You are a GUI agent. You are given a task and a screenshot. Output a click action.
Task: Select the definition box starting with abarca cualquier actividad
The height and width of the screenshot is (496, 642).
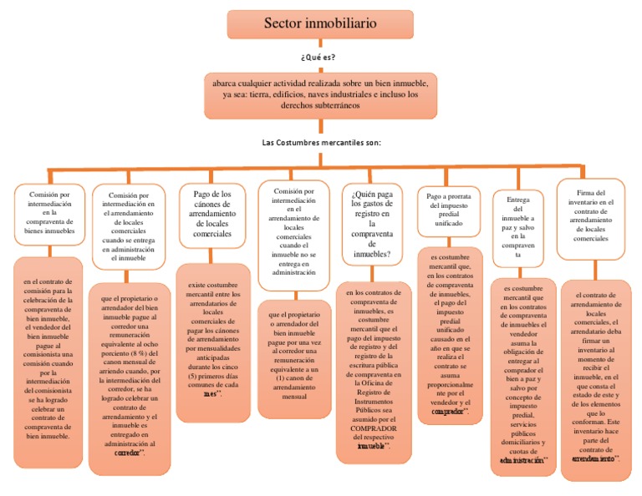tap(320, 94)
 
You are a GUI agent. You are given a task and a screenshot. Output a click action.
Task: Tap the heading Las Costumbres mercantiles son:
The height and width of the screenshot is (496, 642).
tap(322, 143)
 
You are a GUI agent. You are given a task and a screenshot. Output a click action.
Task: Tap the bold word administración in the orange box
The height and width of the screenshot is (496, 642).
tap(522, 460)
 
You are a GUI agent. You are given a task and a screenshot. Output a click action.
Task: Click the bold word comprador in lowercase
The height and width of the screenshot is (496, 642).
tap(450, 412)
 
